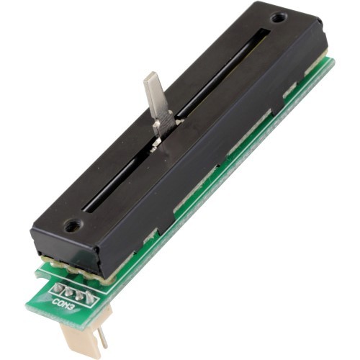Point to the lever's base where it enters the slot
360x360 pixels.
click(x=158, y=142)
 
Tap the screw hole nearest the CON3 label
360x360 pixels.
click(x=71, y=225)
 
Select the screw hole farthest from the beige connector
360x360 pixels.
click(x=279, y=18)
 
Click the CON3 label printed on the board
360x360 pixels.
click(x=63, y=305)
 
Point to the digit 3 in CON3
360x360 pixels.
click(x=70, y=307)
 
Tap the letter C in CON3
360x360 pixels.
click(x=55, y=301)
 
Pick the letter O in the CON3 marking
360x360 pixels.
click(x=59, y=303)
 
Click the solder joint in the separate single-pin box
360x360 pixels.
click(x=57, y=287)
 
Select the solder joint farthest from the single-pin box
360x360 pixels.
click(x=89, y=297)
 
